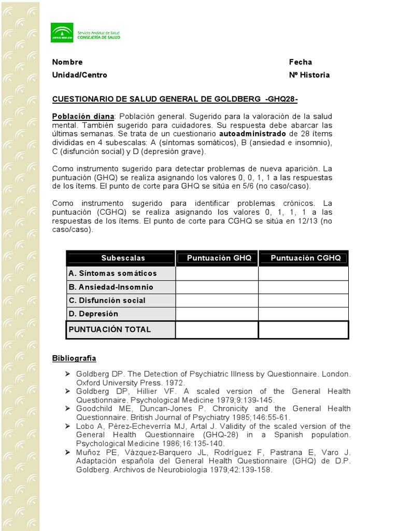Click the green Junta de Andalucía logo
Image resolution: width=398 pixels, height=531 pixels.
[x=62, y=33]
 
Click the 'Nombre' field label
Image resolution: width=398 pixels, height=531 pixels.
[x=67, y=62]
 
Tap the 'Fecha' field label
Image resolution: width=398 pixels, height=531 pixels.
[x=300, y=62]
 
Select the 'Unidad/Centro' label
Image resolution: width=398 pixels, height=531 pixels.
[x=79, y=75]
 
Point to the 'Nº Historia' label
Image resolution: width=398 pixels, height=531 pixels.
[x=309, y=75]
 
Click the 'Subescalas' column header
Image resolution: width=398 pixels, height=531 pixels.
[x=123, y=258]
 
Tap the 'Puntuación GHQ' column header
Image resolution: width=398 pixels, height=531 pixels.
[x=219, y=258]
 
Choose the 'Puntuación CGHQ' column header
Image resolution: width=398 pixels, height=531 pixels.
[x=306, y=258]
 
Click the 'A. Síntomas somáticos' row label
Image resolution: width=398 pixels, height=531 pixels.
[x=112, y=273]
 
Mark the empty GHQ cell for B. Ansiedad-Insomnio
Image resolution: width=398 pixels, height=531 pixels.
[x=217, y=287]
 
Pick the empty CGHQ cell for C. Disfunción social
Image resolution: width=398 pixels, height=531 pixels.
[x=303, y=300]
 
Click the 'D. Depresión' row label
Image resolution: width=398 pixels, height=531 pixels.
[x=93, y=314]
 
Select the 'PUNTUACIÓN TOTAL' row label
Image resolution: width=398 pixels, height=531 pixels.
[x=110, y=329]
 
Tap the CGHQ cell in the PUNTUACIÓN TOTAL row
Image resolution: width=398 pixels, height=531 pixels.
[x=303, y=329]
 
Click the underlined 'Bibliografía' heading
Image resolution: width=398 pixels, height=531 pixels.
[x=74, y=358]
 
